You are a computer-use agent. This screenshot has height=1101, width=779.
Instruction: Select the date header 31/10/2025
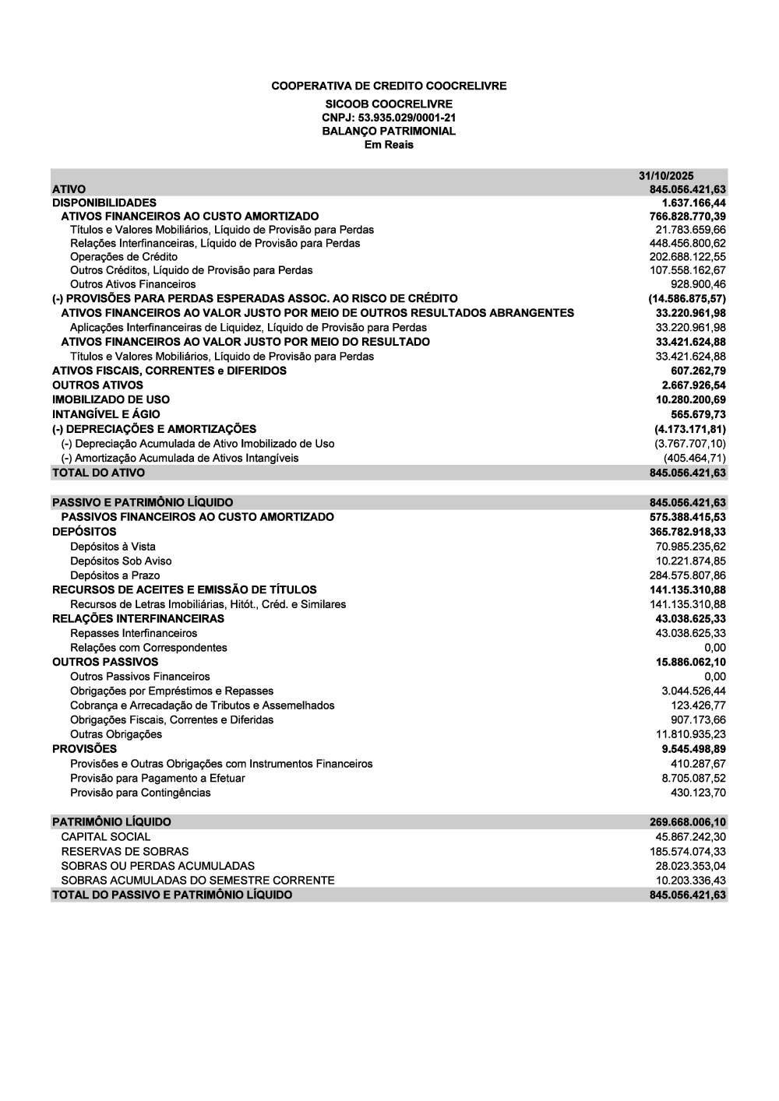[666, 176]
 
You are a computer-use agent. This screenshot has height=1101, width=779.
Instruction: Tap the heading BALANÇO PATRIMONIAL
[389, 131]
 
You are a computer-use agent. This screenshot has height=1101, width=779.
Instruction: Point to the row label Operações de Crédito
[124, 257]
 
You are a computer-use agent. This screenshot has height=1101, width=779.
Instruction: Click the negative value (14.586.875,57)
[687, 298]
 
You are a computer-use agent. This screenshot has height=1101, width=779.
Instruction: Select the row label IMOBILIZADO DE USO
[111, 399]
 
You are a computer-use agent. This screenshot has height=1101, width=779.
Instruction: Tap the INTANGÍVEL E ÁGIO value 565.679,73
[698, 414]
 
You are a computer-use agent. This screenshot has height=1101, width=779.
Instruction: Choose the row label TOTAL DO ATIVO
[98, 473]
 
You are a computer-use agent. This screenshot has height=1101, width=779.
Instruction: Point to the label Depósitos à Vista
[112, 547]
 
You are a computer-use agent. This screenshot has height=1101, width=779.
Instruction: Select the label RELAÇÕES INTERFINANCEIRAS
[138, 618]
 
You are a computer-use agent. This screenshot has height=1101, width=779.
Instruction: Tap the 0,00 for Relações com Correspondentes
[715, 648]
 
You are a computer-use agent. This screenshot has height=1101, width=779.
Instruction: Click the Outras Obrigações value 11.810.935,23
[691, 734]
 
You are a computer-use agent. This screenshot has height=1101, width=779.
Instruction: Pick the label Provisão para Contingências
[140, 793]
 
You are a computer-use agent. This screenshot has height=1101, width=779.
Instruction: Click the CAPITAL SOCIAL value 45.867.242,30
[691, 836]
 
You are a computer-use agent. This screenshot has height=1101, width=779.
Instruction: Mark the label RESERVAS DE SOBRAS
[125, 851]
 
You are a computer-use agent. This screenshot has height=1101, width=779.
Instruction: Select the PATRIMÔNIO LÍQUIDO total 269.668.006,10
[688, 822]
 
